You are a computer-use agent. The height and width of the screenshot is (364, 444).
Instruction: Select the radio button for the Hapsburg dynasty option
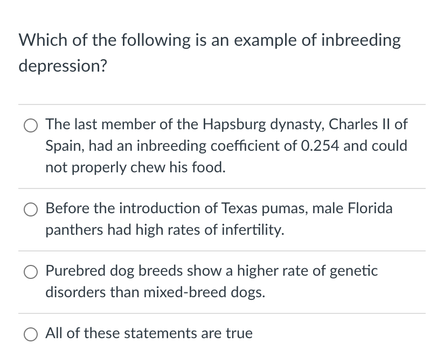[30, 125]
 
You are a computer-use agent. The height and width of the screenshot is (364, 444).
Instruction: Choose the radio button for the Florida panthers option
[30, 208]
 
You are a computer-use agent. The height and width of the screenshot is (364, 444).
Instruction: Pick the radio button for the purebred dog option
[30, 271]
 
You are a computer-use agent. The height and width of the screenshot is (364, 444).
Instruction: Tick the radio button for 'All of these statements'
[30, 334]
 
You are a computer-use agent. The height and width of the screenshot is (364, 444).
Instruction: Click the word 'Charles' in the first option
[351, 124]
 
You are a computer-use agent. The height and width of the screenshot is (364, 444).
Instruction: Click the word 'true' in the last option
[239, 333]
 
